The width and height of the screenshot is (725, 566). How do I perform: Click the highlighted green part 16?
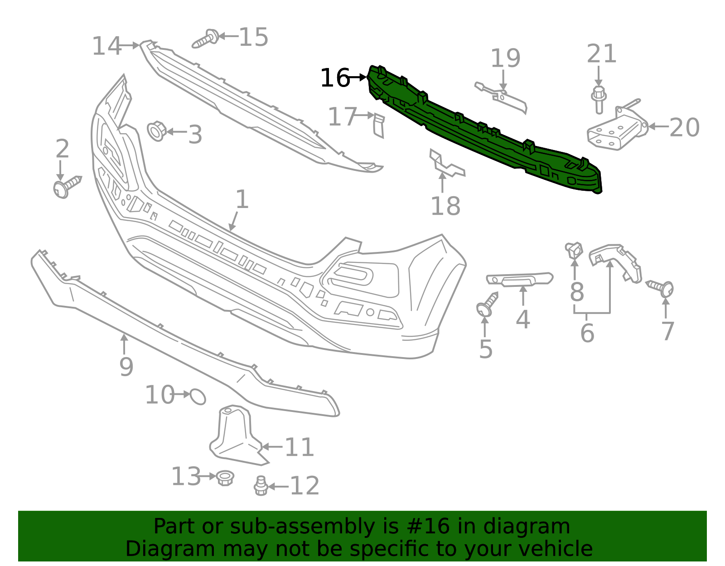(x=485, y=131)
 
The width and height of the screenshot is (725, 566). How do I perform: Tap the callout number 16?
(x=335, y=78)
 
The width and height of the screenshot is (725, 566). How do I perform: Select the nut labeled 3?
(x=156, y=131)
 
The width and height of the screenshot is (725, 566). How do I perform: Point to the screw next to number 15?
(x=205, y=39)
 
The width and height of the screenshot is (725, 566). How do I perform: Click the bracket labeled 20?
(x=616, y=129)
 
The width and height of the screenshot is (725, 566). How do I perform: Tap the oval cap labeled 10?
(x=198, y=397)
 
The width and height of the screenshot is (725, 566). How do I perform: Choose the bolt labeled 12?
(x=261, y=486)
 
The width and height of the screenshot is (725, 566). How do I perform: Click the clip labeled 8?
(x=574, y=249)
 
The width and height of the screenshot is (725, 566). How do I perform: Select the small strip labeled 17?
(x=379, y=125)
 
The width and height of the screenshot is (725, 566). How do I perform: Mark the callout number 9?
(x=126, y=366)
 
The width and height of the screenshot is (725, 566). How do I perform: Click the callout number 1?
(x=242, y=199)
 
